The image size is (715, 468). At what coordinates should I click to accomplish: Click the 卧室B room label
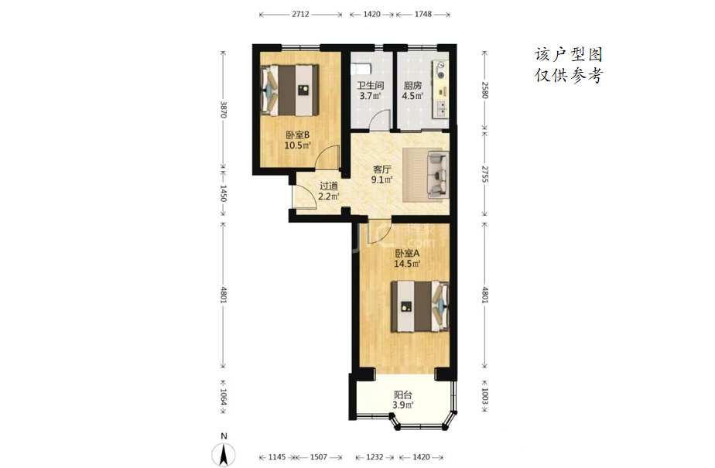click(297, 135)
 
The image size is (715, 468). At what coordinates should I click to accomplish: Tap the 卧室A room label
click(407, 254)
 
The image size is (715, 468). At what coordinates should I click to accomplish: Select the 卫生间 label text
click(370, 86)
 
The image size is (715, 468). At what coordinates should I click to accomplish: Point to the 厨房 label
click(412, 86)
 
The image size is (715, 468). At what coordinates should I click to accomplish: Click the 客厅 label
click(382, 169)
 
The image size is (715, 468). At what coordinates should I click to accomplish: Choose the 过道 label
click(328, 186)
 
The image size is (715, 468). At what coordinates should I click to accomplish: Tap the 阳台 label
click(403, 395)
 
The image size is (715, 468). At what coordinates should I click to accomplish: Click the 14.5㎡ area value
click(407, 263)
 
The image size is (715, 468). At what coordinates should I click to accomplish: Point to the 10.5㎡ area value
click(297, 145)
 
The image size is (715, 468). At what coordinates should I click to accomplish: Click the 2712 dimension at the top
click(300, 14)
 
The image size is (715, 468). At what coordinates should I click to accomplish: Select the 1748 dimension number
click(422, 14)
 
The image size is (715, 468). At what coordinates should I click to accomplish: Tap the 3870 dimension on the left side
click(223, 109)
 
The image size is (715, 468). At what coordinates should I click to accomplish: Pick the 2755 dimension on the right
click(484, 173)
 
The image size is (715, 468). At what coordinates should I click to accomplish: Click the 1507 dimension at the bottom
click(318, 457)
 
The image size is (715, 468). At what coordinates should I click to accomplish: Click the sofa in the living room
click(438, 176)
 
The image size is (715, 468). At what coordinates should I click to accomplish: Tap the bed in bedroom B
click(289, 91)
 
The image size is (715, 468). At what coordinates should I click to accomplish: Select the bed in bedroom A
click(420, 306)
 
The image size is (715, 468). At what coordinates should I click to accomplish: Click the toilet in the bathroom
click(361, 70)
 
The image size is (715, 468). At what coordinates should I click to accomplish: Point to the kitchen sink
click(441, 108)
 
